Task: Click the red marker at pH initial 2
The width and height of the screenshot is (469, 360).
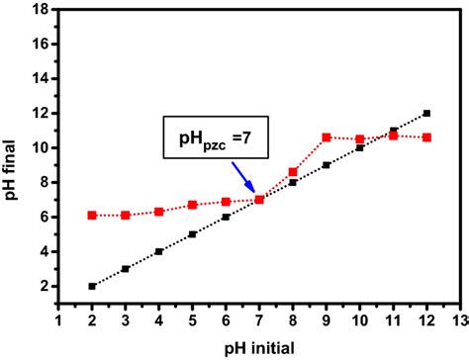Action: point(92,215)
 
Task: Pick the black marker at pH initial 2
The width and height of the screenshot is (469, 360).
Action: point(92,286)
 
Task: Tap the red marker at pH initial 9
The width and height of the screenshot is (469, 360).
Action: point(327,136)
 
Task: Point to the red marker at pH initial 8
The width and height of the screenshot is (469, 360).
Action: point(293,171)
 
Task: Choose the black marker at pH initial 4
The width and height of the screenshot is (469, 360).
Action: point(159,251)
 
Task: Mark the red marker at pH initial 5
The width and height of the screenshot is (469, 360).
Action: point(193,205)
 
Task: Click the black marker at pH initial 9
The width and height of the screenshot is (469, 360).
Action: point(327,165)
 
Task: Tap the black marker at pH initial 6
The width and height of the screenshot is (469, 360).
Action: point(226,217)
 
